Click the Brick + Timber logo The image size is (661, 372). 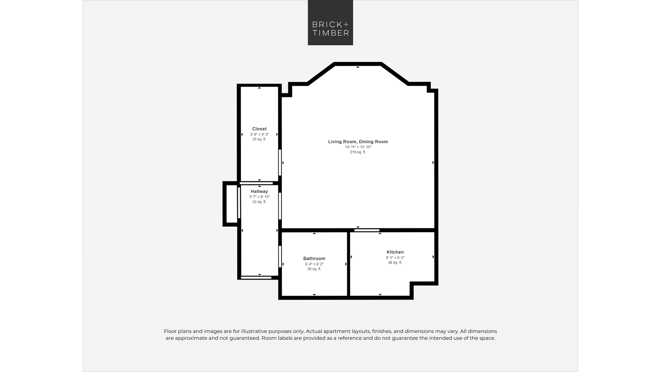[330, 22]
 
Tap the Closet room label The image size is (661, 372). [259, 129]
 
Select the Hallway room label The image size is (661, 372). [259, 191]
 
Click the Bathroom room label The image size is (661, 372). [314, 259]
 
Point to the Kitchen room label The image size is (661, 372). [395, 252]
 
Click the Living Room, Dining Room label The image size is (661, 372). [358, 142]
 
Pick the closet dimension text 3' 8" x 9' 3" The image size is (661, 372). [259, 135]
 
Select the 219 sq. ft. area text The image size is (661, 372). [358, 152]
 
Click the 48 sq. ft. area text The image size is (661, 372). [395, 263]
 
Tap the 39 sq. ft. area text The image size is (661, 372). [314, 269]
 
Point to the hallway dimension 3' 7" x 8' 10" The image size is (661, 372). [259, 197]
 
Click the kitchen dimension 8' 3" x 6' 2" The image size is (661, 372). [395, 258]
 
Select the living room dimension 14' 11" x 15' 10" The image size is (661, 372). [358, 147]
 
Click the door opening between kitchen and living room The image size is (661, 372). [367, 230]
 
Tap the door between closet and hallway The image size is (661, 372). [256, 183]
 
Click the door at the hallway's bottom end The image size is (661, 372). [256, 278]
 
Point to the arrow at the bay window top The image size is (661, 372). [358, 67]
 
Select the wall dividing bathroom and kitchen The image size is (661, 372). [348, 264]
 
